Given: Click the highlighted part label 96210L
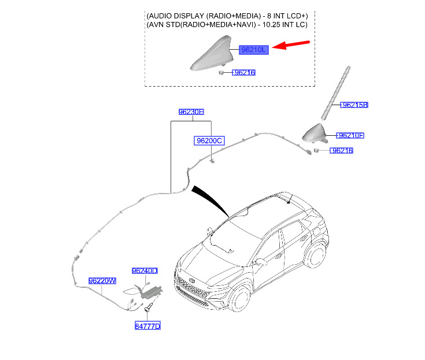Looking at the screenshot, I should tap(254, 50).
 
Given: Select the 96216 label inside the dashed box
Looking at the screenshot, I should tap(243, 73).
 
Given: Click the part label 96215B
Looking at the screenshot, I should tap(354, 105).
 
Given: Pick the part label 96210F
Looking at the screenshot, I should tap(350, 136).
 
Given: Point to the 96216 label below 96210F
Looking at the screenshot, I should tap(341, 151).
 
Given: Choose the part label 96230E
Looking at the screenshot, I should tap(191, 112).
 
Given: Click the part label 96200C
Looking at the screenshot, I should tap(209, 140).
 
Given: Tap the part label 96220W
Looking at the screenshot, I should tap(102, 281).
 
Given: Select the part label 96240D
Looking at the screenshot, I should tap(145, 270).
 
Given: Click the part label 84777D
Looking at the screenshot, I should tap(147, 326).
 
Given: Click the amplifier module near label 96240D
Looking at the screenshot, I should tap(151, 291).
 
